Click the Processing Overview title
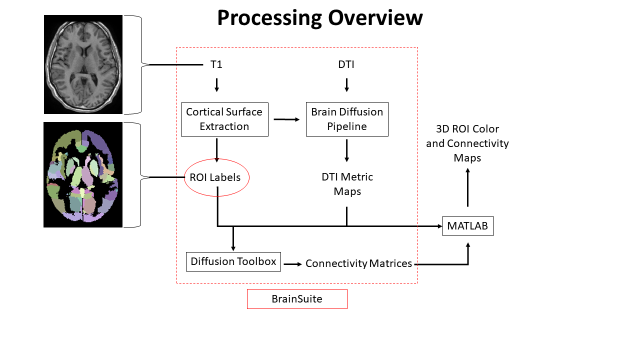click(319, 18)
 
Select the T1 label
click(216, 64)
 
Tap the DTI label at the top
click(346, 64)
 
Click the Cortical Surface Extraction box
click(224, 119)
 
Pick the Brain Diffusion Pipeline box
click(347, 119)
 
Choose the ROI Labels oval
click(216, 177)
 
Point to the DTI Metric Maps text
click(347, 184)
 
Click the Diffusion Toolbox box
click(233, 261)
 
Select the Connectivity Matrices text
click(358, 263)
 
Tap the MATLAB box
click(467, 226)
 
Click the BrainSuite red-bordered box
click(297, 299)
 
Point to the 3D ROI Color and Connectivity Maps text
click(467, 143)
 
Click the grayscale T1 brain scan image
click(83, 64)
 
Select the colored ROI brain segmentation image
click(83, 175)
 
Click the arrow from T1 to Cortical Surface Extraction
click(216, 84)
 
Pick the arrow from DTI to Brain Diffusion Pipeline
click(346, 84)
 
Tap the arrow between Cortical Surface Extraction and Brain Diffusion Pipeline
click(286, 119)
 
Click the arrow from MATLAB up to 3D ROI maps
click(468, 187)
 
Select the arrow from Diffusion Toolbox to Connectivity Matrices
click(293, 263)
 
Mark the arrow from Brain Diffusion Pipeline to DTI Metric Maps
click(346, 150)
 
